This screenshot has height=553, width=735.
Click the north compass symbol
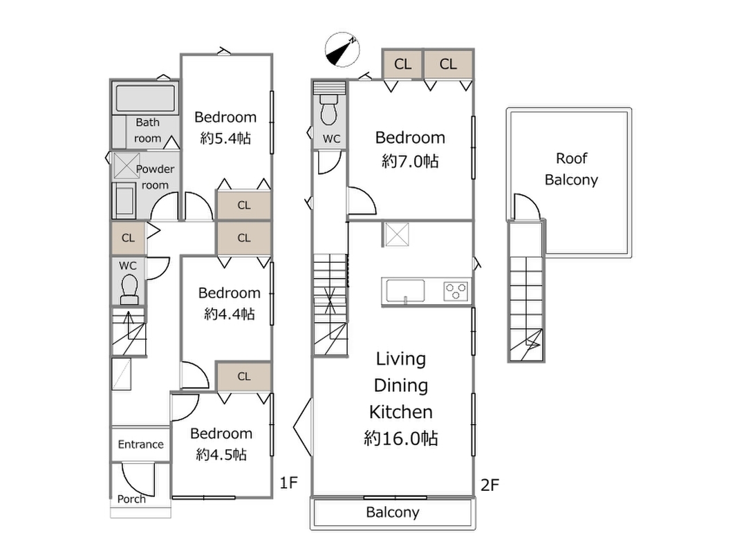[x=342, y=49]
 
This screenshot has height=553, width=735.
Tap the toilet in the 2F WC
[x=328, y=110]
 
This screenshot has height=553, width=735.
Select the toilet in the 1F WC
[x=129, y=290]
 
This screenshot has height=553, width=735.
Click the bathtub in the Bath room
[x=145, y=98]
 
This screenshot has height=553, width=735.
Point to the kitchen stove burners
[x=456, y=291]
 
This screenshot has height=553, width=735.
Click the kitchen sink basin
[x=405, y=291]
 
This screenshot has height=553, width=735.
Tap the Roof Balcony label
[x=571, y=169]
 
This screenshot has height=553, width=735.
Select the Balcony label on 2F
[x=392, y=512]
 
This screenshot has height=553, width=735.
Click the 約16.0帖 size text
[x=401, y=438]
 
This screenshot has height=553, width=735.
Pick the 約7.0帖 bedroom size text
[x=410, y=161]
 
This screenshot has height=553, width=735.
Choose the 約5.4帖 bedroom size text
[x=225, y=138]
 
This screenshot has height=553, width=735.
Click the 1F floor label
[x=289, y=482]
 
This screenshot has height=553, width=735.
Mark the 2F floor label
[x=490, y=485]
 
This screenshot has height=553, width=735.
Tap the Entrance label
[x=140, y=444]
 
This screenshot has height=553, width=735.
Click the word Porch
[x=131, y=499]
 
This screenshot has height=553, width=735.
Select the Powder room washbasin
[x=124, y=200]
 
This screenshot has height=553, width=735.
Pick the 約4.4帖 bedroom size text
[x=230, y=314]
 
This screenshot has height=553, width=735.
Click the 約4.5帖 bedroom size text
[x=221, y=454]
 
